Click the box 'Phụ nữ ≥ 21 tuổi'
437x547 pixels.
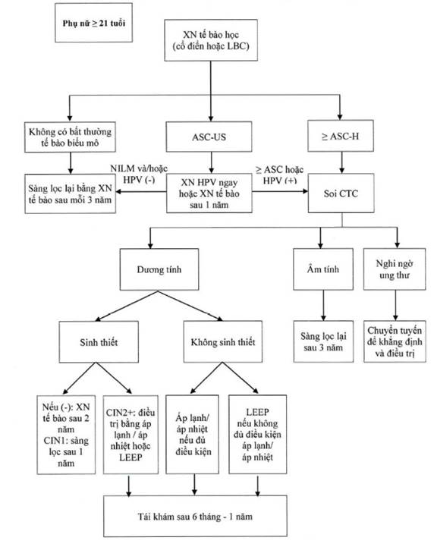pos(93,23)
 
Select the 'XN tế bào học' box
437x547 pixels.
pos(211,40)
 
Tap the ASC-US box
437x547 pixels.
pos(209,137)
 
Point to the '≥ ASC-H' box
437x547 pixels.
pos(341,136)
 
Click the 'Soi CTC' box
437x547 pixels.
pos(341,193)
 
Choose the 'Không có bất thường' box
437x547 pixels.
pos(70,137)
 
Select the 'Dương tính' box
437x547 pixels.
pos(159,269)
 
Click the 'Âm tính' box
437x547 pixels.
pos(323,269)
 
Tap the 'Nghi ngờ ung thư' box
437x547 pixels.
pos(395,269)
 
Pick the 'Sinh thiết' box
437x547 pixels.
pos(99,342)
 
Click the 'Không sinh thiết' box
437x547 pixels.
pos(223,342)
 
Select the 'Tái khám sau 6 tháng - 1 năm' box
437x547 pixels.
pos(195,517)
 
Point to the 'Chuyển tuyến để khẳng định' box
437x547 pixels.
pos(395,341)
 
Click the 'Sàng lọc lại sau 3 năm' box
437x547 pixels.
pos(323,341)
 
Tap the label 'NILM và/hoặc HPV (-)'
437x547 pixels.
pos(139,174)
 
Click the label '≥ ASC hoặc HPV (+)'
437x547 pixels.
pos(280,174)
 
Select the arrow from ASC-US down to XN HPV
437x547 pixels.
pos(211,162)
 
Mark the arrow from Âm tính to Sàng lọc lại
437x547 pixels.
pos(323,306)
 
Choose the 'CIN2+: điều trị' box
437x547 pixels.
pos(130,435)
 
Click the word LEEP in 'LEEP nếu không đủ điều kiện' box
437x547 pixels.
pos(257,412)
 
